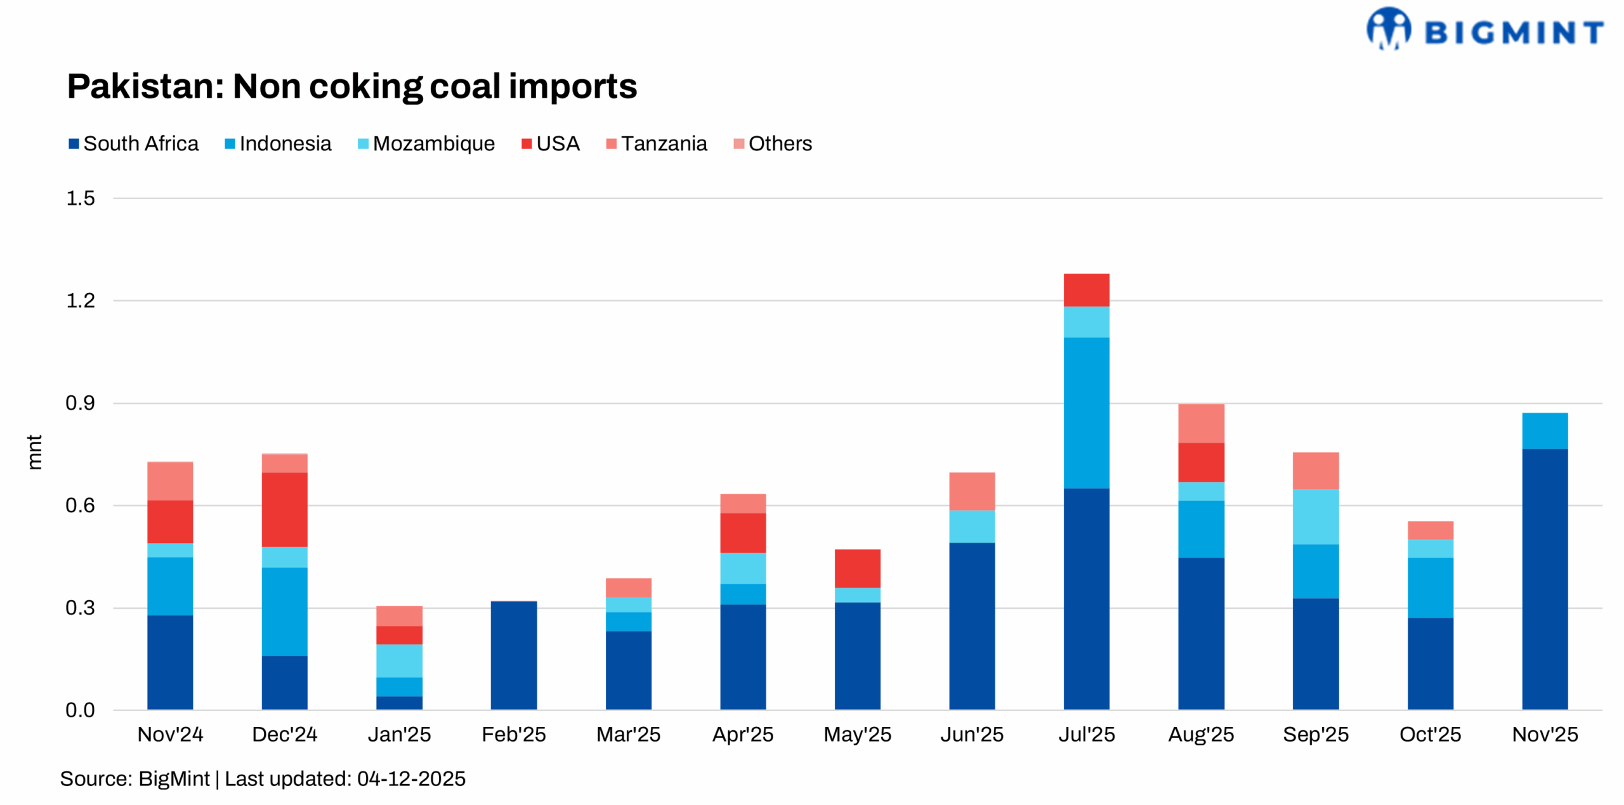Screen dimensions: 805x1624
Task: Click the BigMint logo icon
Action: tap(1388, 29)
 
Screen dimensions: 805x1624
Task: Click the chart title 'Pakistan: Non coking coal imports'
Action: tap(352, 86)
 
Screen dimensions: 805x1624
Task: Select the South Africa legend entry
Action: tap(134, 144)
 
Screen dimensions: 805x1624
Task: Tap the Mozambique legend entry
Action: tap(426, 144)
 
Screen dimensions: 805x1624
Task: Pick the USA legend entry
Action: tap(551, 144)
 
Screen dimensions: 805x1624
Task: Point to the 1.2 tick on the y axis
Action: tap(81, 301)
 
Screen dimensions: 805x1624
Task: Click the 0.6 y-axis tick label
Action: tap(81, 506)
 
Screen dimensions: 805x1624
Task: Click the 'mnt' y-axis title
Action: tap(35, 452)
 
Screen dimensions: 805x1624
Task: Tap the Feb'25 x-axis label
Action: tap(513, 735)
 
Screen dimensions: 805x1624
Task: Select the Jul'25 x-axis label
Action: tap(1086, 735)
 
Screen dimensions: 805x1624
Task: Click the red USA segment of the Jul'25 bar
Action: tap(1086, 290)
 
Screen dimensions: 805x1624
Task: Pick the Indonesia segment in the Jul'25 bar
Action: tap(1086, 412)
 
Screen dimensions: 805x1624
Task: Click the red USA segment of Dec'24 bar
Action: tap(284, 509)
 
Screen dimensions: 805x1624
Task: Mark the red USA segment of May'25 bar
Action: tap(857, 568)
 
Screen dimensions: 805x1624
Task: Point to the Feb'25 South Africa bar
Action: tap(513, 655)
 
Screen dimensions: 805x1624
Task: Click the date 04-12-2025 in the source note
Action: tap(411, 779)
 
